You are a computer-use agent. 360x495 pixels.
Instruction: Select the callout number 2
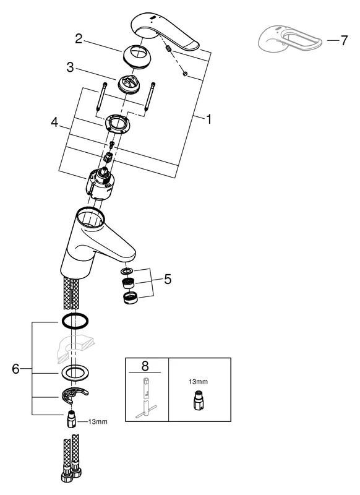(79, 39)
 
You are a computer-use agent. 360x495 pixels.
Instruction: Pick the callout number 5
(168, 278)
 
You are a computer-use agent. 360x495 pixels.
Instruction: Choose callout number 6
(17, 369)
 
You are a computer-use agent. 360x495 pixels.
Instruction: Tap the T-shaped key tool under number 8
(147, 398)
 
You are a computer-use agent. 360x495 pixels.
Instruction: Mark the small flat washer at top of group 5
(126, 270)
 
